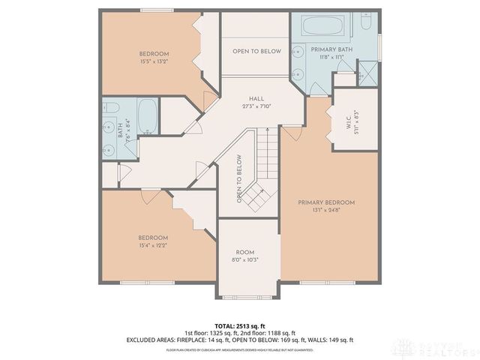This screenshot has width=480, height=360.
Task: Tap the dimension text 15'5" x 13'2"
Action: click(x=153, y=62)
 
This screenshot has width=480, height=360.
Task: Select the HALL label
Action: click(x=256, y=98)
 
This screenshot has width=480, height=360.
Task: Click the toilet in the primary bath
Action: click(x=365, y=20)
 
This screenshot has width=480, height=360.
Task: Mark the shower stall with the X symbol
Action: click(x=367, y=73)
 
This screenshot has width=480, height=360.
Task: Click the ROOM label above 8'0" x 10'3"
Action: click(x=245, y=252)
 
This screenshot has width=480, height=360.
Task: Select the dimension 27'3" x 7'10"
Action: click(x=256, y=106)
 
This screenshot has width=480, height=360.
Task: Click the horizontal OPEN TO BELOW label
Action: click(x=256, y=51)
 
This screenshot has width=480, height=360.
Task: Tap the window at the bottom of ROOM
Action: click(x=248, y=295)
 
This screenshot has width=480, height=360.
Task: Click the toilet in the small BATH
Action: click(x=109, y=107)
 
